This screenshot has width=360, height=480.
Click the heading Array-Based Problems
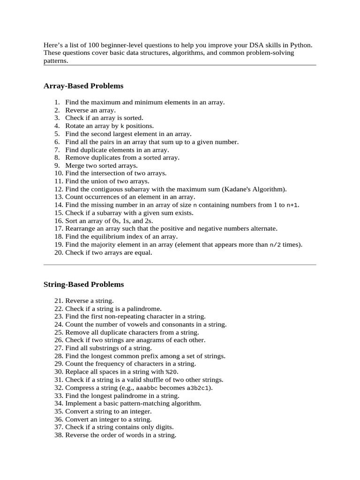click(x=83, y=86)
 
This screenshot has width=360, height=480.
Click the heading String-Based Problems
click(x=84, y=284)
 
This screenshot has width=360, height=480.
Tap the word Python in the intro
click(x=301, y=45)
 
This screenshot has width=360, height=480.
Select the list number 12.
click(x=59, y=189)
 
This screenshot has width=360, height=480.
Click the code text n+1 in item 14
click(x=292, y=205)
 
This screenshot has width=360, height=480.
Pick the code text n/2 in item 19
click(x=275, y=245)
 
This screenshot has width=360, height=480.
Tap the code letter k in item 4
click(x=122, y=126)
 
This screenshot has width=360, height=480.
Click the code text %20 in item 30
click(x=172, y=372)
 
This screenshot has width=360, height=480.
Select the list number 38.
click(x=59, y=435)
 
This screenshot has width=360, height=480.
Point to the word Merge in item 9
click(x=75, y=165)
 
